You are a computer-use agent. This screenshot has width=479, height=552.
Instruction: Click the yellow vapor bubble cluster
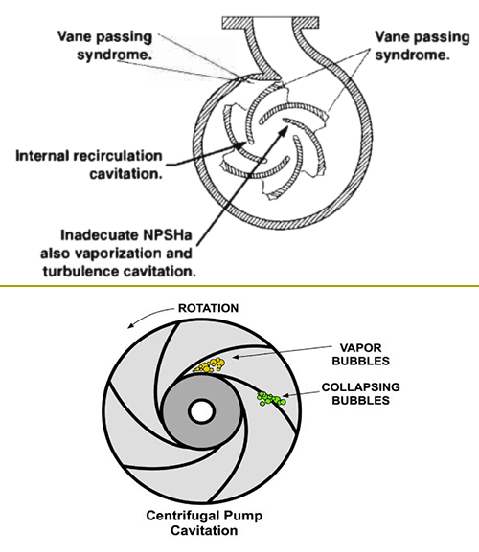point(210,365)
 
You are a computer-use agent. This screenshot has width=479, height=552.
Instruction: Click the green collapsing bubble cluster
point(271,399)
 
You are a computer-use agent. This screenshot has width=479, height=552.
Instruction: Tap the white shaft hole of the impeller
point(202,411)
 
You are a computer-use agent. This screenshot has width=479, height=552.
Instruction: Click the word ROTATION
point(208,308)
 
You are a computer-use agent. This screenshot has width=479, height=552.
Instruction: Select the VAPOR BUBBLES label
point(360,354)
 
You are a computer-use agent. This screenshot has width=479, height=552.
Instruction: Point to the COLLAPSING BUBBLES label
point(360,393)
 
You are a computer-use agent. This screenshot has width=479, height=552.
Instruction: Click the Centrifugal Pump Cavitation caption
point(204,522)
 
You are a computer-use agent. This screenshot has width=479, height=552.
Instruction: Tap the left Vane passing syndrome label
point(104,46)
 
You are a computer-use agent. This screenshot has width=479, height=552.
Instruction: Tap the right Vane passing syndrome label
point(422,46)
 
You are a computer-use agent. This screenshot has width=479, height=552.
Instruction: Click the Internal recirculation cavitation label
point(89,165)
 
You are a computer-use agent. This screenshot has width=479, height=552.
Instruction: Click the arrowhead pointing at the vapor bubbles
point(236,357)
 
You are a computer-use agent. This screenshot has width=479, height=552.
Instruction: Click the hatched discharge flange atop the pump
point(271,23)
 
